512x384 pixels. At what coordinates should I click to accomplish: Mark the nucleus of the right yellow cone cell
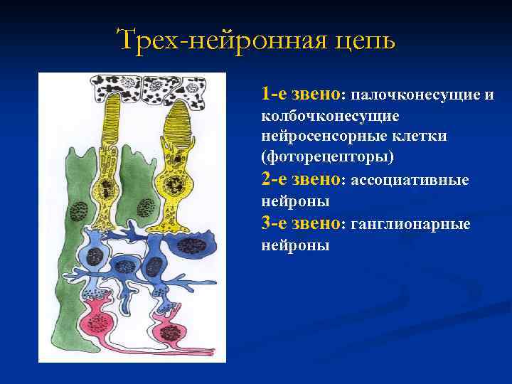[x=172, y=187]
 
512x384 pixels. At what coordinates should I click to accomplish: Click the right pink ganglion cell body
[x=171, y=332]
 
